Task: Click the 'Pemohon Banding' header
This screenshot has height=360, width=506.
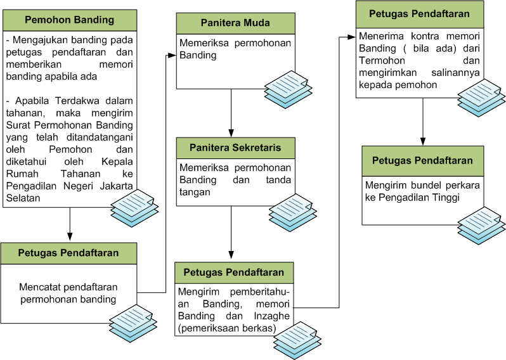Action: point(69,20)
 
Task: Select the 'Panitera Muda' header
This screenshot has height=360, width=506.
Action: point(235,23)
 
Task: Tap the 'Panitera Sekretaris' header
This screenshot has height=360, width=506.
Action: point(235,148)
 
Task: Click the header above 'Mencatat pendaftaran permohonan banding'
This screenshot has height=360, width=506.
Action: point(68,253)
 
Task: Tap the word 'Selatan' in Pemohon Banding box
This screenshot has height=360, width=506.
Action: point(23,198)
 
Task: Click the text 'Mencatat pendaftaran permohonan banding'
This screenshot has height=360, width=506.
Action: point(68,293)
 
